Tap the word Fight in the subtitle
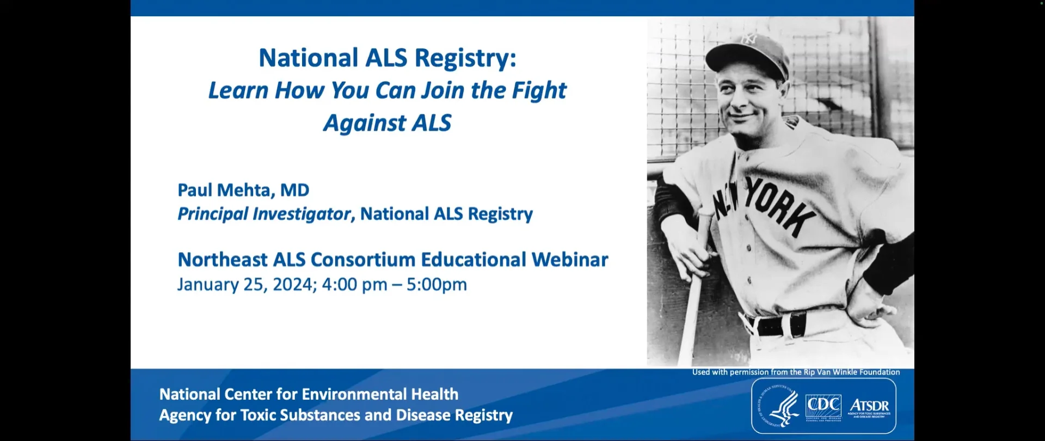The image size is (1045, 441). coord(539,91)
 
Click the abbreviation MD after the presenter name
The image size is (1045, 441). coord(294,190)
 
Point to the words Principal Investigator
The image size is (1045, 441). coord(264,214)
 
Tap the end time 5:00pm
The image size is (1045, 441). coord(437,284)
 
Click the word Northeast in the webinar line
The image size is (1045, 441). coord(223,260)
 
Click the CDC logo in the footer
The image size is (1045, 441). coord(823,406)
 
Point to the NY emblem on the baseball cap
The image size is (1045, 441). coord(749,39)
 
